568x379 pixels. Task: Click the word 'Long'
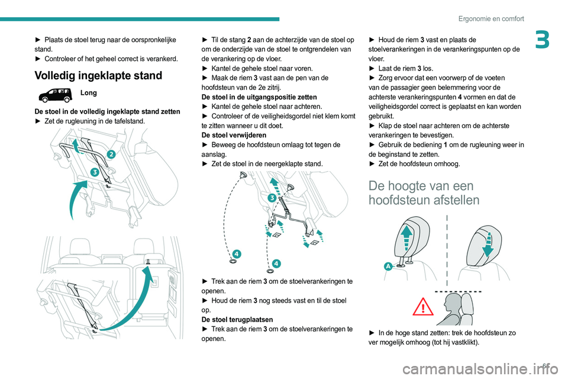tap(89, 94)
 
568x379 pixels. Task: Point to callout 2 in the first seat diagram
tap(110, 154)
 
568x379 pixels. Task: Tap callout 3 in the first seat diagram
tap(94, 172)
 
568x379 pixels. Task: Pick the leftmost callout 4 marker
tap(236, 254)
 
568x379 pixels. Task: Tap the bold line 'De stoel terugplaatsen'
tap(235, 319)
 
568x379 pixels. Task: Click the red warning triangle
tap(423, 307)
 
